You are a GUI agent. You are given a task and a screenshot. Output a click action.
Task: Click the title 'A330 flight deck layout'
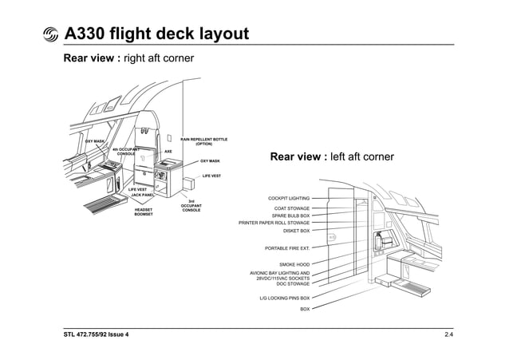(156, 34)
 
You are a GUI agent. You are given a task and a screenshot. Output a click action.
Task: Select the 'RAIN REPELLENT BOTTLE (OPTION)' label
(203, 141)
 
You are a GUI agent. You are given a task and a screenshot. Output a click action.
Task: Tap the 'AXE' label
(168, 151)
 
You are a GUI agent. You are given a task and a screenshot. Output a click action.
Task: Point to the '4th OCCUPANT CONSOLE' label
(126, 151)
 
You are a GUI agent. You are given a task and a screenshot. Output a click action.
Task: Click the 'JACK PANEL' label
(142, 195)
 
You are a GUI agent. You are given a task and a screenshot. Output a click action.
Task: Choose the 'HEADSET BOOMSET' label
(144, 212)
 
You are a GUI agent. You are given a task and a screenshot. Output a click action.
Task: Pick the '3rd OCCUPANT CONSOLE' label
(191, 206)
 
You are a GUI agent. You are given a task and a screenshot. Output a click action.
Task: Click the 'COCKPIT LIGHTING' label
(289, 198)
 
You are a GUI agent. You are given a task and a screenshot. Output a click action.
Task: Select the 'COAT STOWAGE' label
(292, 208)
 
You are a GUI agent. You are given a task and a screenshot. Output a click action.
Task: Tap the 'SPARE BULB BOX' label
(290, 216)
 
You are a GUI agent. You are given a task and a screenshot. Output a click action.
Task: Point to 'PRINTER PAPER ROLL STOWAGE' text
(274, 223)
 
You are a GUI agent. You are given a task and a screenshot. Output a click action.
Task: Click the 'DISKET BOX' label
(296, 231)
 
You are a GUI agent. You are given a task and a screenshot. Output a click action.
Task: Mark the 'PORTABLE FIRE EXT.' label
(287, 248)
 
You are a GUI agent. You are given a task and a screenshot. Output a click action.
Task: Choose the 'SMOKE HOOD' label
(294, 264)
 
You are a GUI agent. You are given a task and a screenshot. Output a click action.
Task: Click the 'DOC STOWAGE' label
(293, 283)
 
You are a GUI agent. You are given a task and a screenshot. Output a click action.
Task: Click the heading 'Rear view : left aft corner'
(332, 156)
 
